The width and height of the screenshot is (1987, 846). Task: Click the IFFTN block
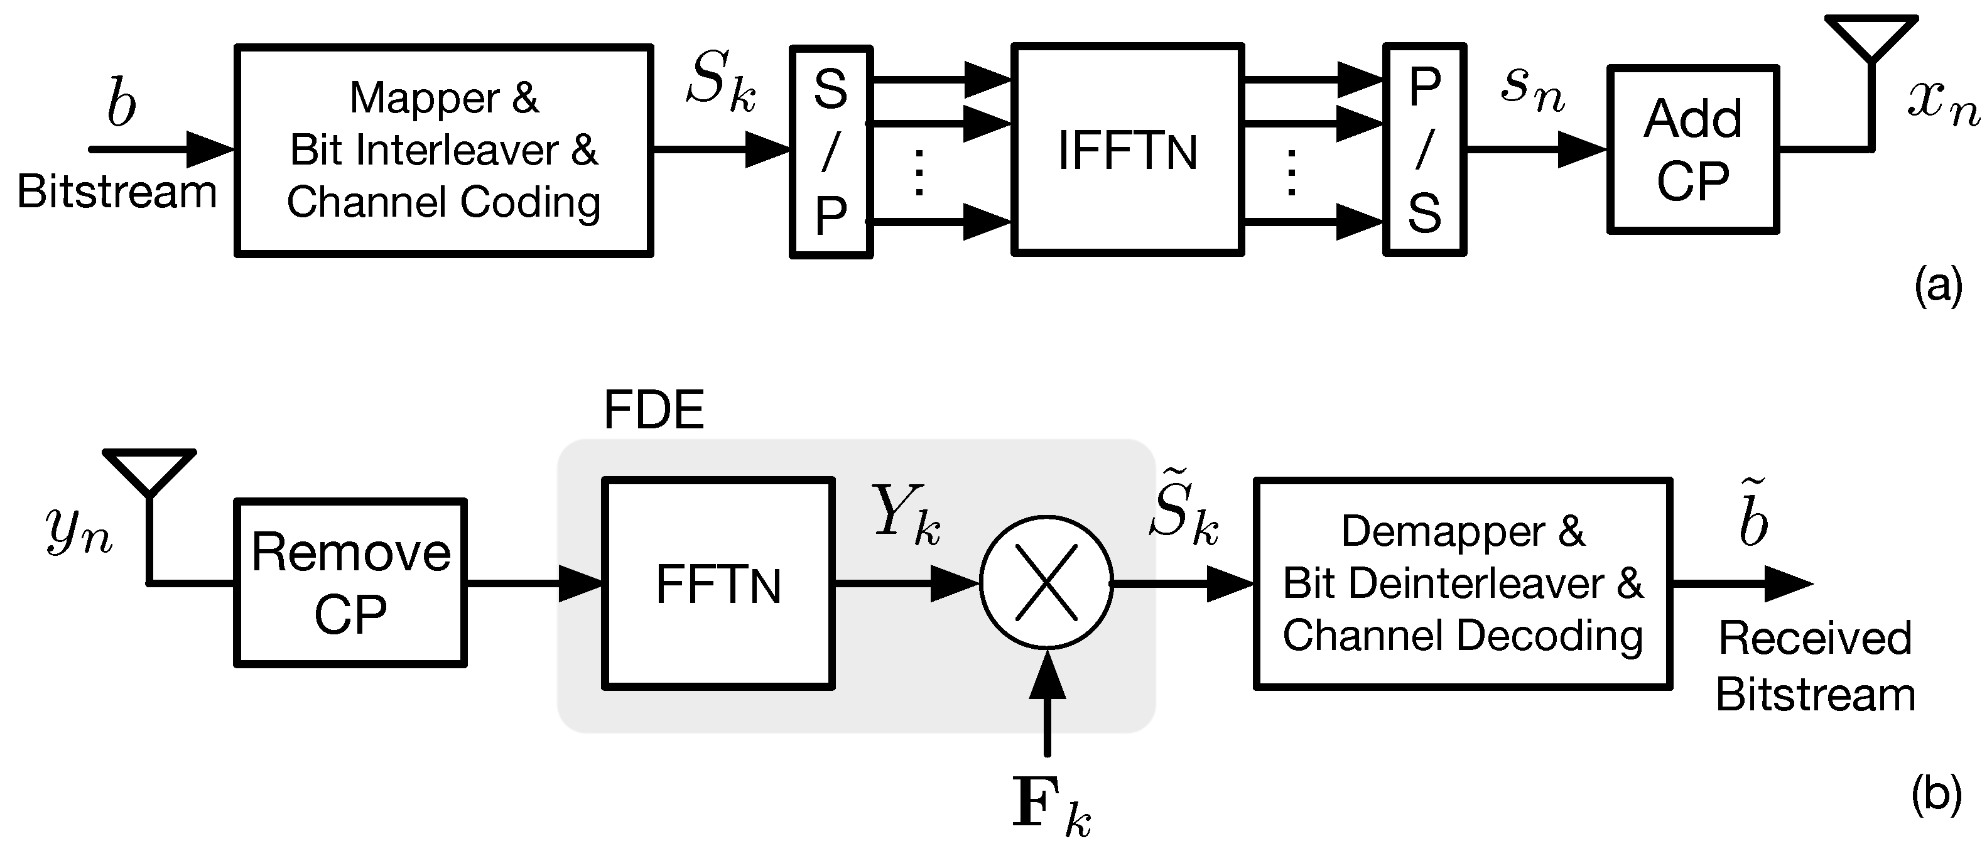pos(1127,149)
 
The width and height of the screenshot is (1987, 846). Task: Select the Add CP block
pos(1693,149)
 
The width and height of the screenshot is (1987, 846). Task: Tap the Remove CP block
pos(350,583)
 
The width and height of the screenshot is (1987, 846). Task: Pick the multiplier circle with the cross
pos(1046,582)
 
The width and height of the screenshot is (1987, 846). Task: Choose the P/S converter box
pos(1424,149)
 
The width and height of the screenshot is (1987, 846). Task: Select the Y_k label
pos(905,514)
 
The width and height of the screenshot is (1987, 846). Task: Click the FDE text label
pos(652,410)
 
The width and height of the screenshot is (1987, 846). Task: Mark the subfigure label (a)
pos(1937,286)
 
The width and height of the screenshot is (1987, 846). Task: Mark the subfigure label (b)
pos(1936,794)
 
